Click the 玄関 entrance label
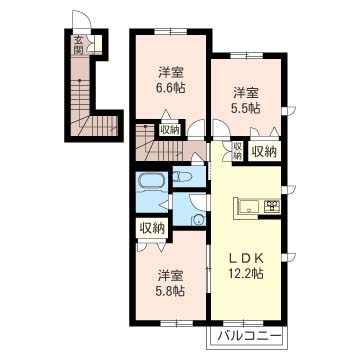[x=78, y=45]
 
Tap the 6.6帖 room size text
[x=171, y=88]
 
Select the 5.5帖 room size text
[x=245, y=108]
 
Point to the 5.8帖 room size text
[x=170, y=291]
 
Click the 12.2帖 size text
[x=246, y=273]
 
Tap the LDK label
[x=246, y=258]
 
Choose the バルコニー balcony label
[x=247, y=336]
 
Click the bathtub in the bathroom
[x=151, y=182]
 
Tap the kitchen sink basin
[x=248, y=207]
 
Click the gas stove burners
[x=272, y=206]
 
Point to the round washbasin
[x=199, y=219]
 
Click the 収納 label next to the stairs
[x=170, y=129]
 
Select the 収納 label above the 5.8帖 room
[x=152, y=228]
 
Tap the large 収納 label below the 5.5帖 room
[x=264, y=152]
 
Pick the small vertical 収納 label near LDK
[x=237, y=150]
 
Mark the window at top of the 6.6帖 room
[x=170, y=32]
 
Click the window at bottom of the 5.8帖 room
[x=176, y=323]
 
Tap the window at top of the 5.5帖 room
[x=247, y=55]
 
